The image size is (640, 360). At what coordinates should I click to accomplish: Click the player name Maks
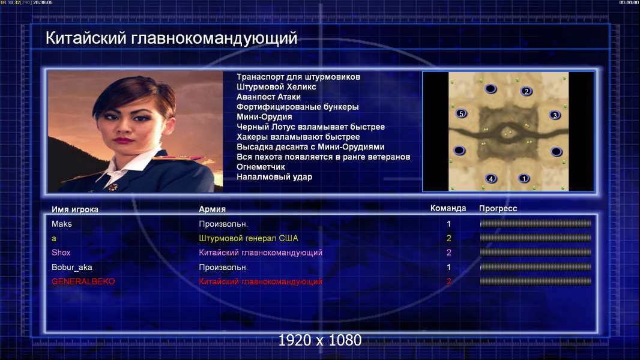pyautogui.click(x=62, y=224)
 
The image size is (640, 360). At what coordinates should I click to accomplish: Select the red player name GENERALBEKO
pyautogui.click(x=83, y=281)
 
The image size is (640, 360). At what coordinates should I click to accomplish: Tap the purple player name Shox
pyautogui.click(x=61, y=253)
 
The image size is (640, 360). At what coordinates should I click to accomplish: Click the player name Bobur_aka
pyautogui.click(x=72, y=268)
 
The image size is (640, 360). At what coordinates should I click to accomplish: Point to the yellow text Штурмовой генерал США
pyautogui.click(x=249, y=238)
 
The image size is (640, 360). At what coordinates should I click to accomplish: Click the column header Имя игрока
pyautogui.click(x=74, y=209)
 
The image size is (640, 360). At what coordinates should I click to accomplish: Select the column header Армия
pyautogui.click(x=213, y=209)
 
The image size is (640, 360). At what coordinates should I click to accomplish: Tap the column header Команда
pyautogui.click(x=448, y=208)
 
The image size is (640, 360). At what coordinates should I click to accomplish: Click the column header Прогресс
pyautogui.click(x=498, y=209)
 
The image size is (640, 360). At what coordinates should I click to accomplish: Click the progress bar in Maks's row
pyautogui.click(x=536, y=223)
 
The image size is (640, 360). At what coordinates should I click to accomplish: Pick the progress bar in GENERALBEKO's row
pyautogui.click(x=536, y=281)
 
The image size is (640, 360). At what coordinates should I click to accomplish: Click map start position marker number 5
pyautogui.click(x=461, y=113)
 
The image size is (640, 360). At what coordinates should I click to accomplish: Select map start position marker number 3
pyautogui.click(x=555, y=115)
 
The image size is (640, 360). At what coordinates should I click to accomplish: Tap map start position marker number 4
pyautogui.click(x=491, y=178)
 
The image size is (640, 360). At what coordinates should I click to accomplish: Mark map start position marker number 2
pyautogui.click(x=527, y=91)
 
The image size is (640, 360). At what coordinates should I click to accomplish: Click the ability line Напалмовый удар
pyautogui.click(x=274, y=177)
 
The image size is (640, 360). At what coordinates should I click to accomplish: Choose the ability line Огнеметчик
pyautogui.click(x=261, y=167)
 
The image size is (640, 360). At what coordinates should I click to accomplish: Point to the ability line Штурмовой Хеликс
pyautogui.click(x=276, y=87)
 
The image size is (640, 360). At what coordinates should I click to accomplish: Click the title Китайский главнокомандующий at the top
pyautogui.click(x=172, y=38)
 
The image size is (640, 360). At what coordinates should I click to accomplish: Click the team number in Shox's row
pyautogui.click(x=448, y=253)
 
